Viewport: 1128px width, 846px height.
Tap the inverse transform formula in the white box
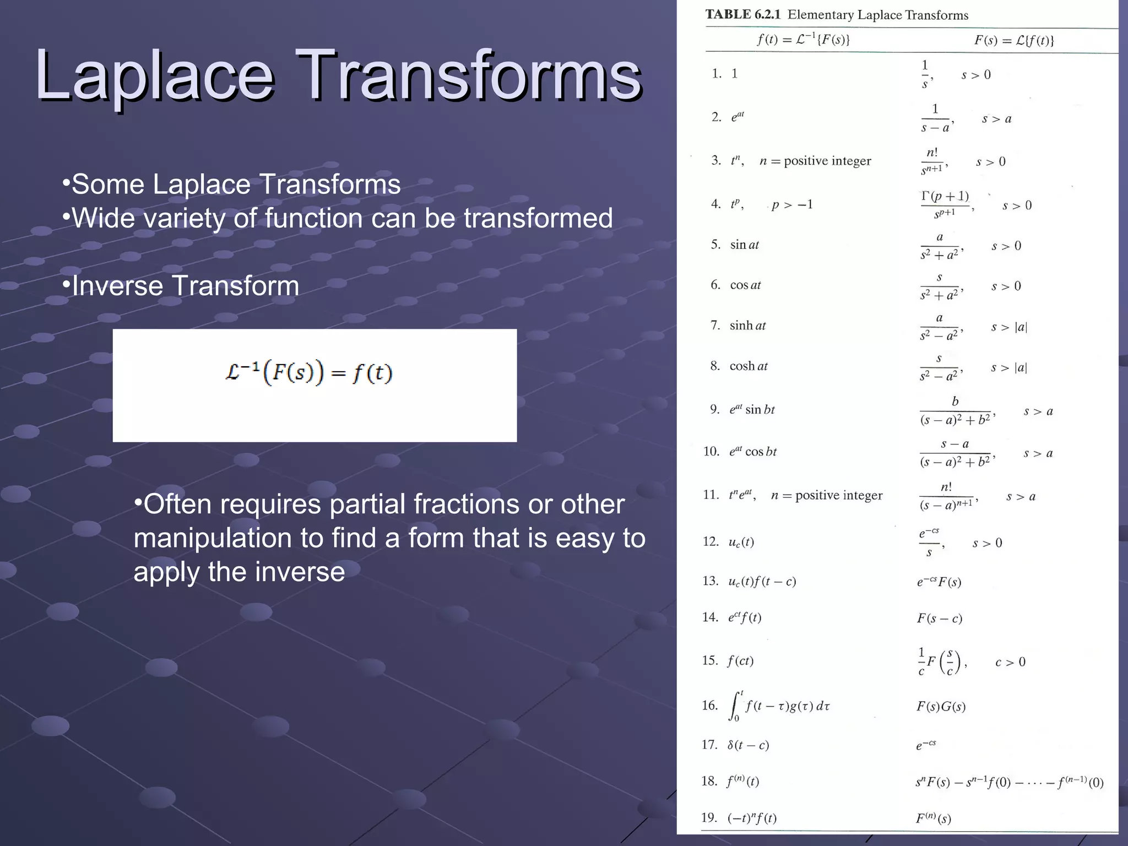309,373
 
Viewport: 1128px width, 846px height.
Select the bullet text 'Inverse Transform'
185,286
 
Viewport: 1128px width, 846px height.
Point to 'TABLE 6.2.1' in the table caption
743,15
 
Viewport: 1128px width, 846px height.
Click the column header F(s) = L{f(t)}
1014,40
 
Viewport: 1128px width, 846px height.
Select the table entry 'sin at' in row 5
744,245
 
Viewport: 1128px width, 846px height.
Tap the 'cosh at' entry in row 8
748,366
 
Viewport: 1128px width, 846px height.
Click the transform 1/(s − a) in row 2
935,118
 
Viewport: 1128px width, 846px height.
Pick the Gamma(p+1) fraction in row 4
945,204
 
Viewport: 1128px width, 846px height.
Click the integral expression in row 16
779,707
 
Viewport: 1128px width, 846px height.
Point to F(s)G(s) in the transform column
941,707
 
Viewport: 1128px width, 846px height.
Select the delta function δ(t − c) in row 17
747,745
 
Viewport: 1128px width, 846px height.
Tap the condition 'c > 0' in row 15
1010,662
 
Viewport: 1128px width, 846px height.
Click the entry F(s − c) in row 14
939,619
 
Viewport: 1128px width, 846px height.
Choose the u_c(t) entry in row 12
741,543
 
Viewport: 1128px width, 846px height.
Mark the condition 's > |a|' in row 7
1009,327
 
